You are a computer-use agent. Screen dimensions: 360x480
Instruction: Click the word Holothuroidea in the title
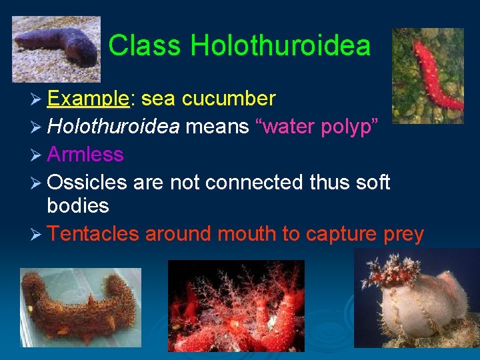tap(280, 46)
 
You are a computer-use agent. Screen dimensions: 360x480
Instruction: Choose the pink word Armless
tap(85, 154)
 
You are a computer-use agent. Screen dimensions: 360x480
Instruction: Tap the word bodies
tap(78, 206)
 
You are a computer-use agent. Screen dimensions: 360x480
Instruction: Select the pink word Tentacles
tap(93, 234)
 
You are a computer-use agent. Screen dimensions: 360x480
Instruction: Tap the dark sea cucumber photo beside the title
tap(56, 49)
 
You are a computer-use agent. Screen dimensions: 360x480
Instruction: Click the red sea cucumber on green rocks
tap(428, 75)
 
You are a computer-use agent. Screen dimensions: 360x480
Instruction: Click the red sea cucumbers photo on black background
tap(235, 306)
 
